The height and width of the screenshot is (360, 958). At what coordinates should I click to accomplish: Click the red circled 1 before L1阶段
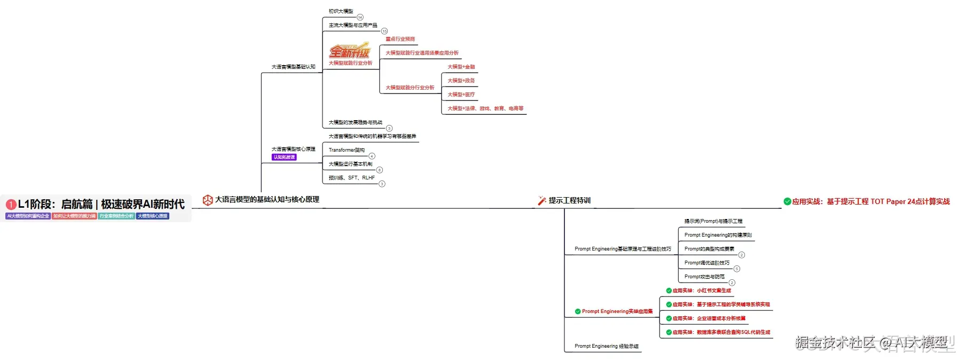click(x=11, y=205)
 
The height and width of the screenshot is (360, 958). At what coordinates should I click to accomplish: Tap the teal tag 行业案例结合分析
click(x=116, y=216)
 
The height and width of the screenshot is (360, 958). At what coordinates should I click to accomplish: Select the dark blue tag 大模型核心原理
click(x=153, y=216)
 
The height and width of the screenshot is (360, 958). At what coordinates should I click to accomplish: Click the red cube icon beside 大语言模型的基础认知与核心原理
click(x=208, y=200)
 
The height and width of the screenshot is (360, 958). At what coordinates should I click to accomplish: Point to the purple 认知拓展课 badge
click(x=284, y=158)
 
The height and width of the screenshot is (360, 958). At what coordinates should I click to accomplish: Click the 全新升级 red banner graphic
click(x=349, y=51)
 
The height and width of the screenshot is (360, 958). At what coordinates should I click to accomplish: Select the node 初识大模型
click(x=341, y=11)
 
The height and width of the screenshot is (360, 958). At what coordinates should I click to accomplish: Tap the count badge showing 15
click(x=384, y=32)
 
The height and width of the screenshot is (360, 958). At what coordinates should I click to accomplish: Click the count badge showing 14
click(x=360, y=18)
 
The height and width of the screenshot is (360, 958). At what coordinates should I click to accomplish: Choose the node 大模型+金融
click(x=461, y=67)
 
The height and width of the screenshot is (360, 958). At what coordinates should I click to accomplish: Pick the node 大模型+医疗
click(x=461, y=95)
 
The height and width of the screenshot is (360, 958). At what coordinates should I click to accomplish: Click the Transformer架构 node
click(x=347, y=150)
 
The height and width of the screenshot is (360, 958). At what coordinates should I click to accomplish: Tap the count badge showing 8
click(x=380, y=170)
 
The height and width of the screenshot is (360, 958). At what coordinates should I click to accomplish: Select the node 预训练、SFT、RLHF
click(x=352, y=178)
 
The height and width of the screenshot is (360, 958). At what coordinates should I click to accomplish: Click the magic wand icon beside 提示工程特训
click(x=542, y=201)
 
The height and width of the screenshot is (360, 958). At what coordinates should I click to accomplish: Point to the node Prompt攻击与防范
click(x=704, y=277)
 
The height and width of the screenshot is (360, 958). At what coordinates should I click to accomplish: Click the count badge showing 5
click(x=737, y=269)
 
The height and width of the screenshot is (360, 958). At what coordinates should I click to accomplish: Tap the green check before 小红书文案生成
click(x=669, y=291)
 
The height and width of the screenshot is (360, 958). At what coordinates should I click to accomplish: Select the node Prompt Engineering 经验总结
click(x=606, y=346)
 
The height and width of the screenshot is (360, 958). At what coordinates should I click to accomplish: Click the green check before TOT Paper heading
click(x=787, y=202)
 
